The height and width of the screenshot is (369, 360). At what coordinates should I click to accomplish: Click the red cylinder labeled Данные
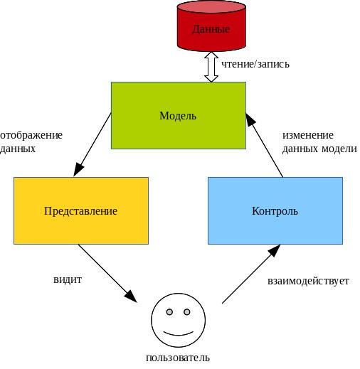click(211, 26)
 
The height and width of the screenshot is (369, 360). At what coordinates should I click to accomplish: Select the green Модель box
click(179, 115)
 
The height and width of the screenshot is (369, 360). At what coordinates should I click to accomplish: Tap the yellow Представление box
click(81, 210)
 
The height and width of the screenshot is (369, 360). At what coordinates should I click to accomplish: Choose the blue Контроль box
click(275, 210)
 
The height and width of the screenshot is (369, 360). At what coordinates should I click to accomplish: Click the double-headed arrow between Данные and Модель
click(211, 67)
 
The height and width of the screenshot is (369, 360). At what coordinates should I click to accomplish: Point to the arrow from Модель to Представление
click(92, 145)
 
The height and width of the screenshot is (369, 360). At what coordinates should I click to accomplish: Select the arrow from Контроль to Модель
click(264, 145)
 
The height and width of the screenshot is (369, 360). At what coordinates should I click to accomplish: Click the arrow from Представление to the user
click(107, 273)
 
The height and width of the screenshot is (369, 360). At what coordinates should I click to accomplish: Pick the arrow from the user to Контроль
click(251, 274)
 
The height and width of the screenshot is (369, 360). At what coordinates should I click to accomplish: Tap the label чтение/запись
click(255, 64)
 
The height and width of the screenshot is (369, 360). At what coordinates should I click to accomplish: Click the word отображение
click(31, 135)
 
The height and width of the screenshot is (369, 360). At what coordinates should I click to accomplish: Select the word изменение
click(308, 135)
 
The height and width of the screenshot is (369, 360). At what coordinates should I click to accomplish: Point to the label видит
click(68, 279)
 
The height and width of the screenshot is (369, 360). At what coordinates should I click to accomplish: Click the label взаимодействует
click(308, 281)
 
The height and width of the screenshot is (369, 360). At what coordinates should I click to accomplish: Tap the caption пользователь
click(178, 358)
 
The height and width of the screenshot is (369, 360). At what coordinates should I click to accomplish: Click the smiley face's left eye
click(169, 312)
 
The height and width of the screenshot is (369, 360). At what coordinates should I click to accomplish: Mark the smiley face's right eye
click(187, 312)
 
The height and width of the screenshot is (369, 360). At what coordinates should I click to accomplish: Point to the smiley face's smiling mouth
click(179, 334)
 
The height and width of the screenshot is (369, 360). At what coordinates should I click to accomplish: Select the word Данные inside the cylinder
click(211, 29)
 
